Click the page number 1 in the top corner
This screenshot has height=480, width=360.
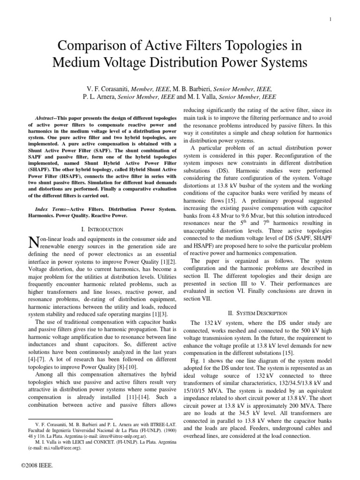(x=331, y=19)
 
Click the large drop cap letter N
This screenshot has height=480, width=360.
(x=33, y=242)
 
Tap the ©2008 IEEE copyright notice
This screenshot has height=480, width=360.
(x=37, y=466)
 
